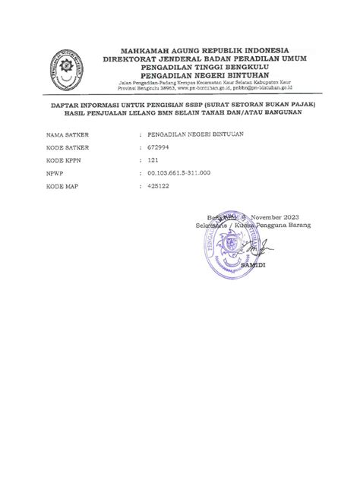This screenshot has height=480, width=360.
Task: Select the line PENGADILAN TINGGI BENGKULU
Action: pyautogui.click(x=202, y=65)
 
